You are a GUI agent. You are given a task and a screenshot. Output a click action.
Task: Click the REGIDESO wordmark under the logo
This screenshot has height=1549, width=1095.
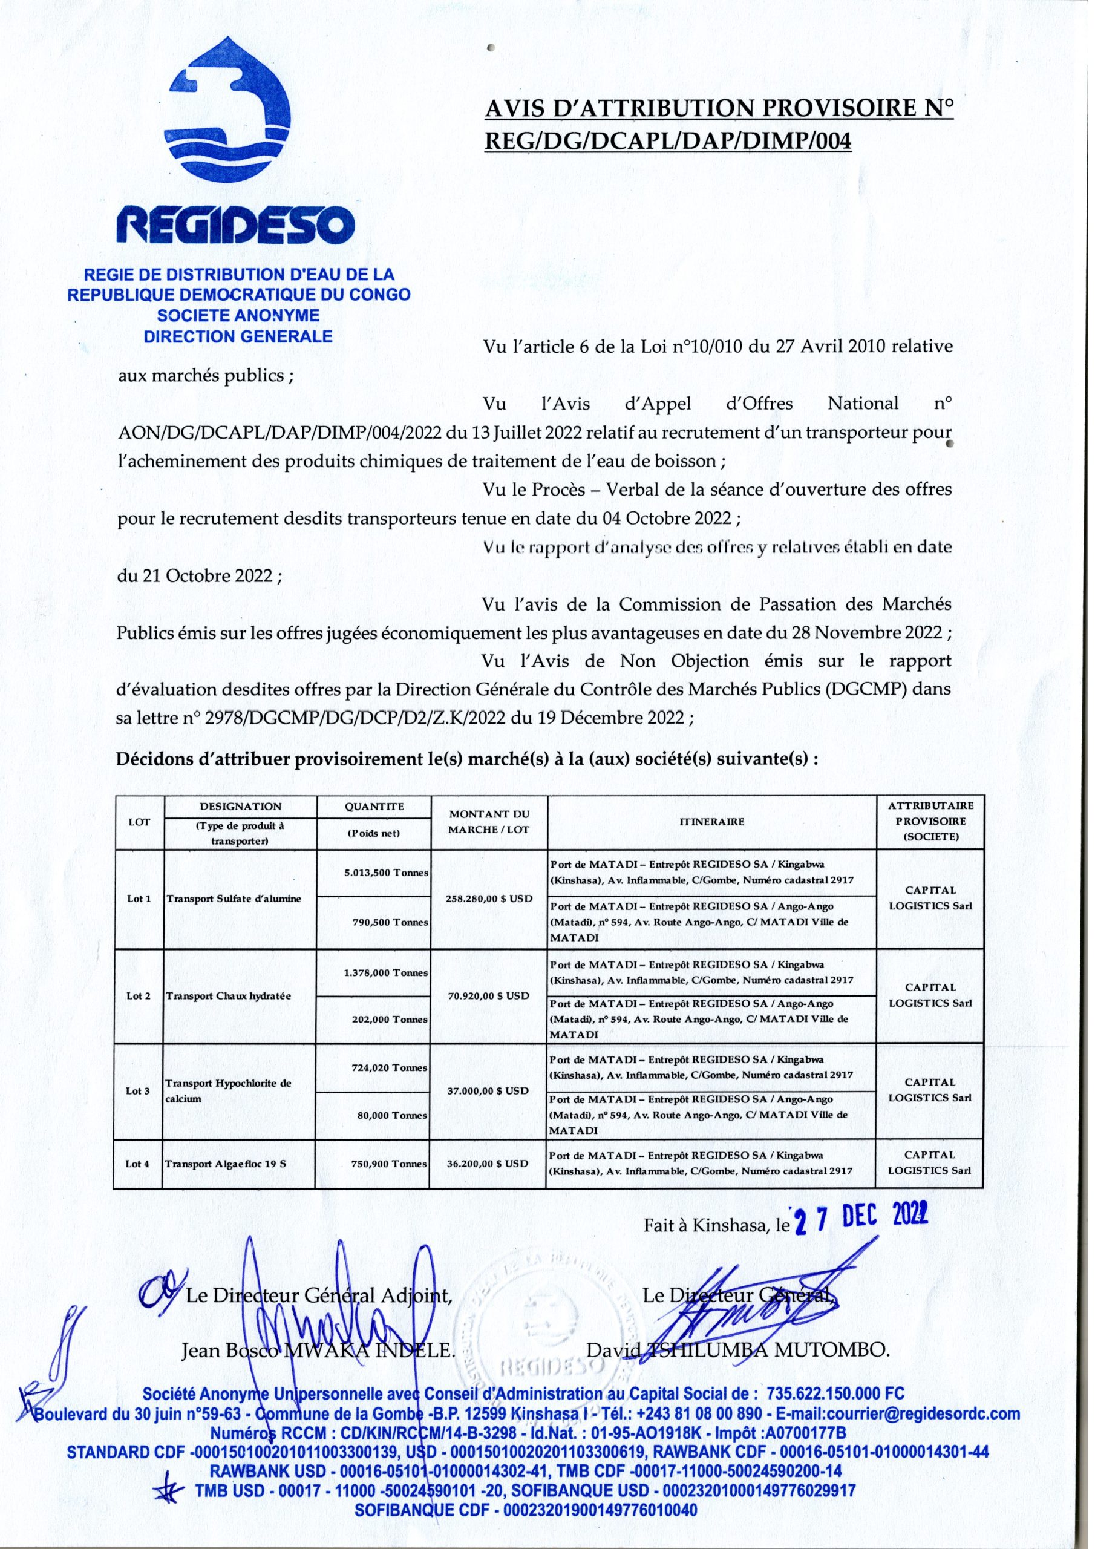click(235, 228)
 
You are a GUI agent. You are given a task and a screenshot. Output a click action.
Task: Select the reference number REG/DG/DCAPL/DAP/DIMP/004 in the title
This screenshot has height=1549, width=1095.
click(668, 142)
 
